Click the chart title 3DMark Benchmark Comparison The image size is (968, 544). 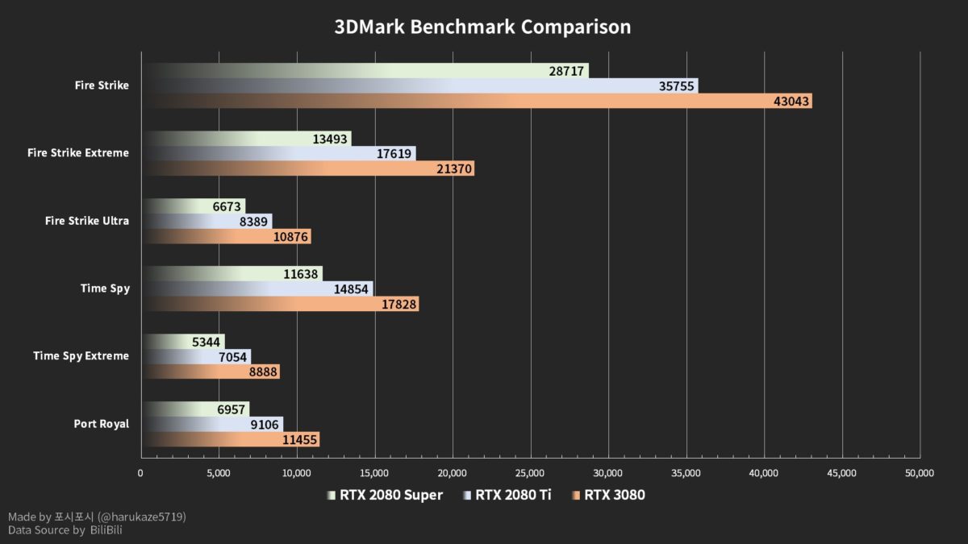point(482,27)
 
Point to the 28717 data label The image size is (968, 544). point(566,71)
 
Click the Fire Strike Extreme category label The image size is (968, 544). point(77,153)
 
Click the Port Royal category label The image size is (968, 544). point(101,424)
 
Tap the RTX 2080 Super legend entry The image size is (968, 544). point(385,495)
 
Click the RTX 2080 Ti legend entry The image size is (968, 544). point(508,495)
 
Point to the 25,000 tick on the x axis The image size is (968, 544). point(530,473)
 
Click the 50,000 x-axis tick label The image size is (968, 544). point(920,473)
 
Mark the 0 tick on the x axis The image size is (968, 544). point(141,473)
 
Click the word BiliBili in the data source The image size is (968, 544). point(106,530)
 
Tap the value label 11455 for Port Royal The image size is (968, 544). point(298,439)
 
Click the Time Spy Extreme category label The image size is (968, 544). point(81,356)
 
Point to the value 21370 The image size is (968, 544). point(453,168)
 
